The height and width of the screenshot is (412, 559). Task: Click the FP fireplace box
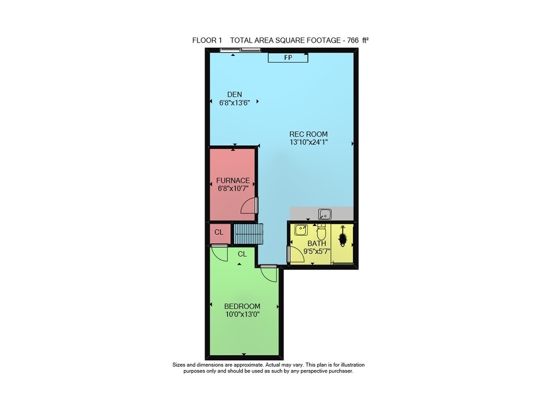(x=288, y=58)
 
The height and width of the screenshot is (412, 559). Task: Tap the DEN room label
(x=235, y=94)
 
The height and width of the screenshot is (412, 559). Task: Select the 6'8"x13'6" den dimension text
(x=234, y=103)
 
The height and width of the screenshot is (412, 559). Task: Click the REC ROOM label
(x=309, y=134)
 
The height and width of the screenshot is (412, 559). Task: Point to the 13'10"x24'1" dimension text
(x=309, y=142)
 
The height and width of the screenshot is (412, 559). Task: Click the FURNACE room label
(x=233, y=181)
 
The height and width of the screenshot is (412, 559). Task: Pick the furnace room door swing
(x=249, y=206)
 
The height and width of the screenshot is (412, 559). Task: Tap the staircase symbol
(x=248, y=234)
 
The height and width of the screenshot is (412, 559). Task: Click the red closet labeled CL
(x=219, y=233)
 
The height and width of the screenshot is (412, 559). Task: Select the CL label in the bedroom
(x=243, y=254)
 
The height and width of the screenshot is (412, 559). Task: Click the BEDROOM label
(x=242, y=306)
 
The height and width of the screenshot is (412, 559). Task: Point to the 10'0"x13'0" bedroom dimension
(x=242, y=314)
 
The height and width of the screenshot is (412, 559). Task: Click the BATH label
(x=316, y=243)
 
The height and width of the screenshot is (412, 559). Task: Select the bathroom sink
(x=301, y=230)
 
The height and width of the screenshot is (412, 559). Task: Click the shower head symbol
(x=343, y=236)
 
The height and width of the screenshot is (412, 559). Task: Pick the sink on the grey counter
(x=324, y=214)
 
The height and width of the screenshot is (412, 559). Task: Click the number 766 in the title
(x=353, y=40)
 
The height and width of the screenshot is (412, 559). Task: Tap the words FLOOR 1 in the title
(x=207, y=40)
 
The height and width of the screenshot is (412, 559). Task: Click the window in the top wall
(x=240, y=50)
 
